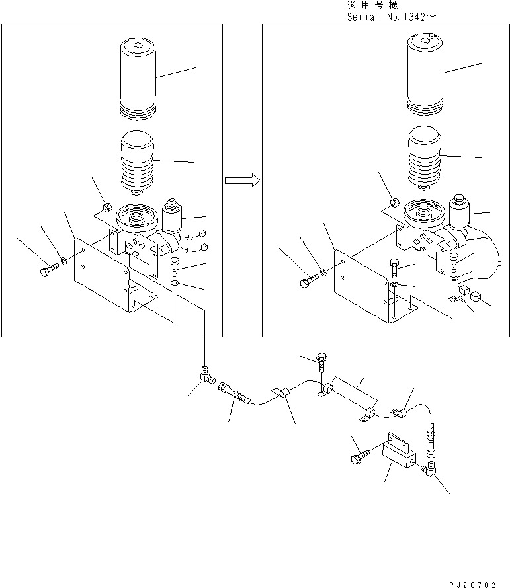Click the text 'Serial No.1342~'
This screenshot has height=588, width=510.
pyautogui.click(x=392, y=17)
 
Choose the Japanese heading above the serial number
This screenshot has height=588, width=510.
pyautogui.click(x=368, y=5)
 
